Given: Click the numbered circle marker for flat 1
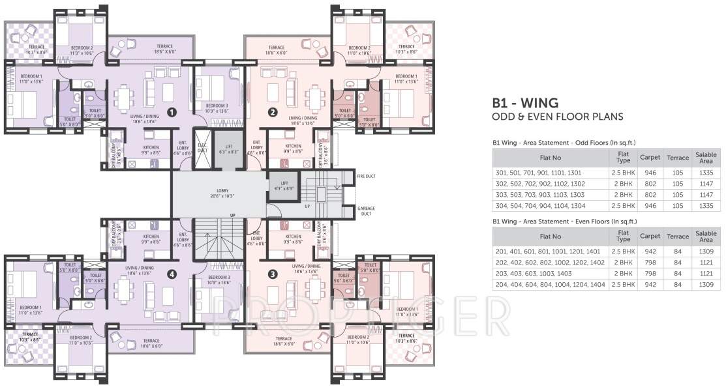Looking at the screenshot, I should pos(172,112).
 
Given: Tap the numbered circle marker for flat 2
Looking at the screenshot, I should pos(273,112).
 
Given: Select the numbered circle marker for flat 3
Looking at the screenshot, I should pos(273,274).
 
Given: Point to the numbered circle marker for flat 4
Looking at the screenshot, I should pos(172,274).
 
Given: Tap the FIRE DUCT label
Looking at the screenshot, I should pos(366,176).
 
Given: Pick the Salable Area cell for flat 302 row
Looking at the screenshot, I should pos(706,183).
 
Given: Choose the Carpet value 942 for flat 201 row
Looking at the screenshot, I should pos(649,251).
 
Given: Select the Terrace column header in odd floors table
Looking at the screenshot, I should pos(678,157).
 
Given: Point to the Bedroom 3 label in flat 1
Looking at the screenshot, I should pos(217,108).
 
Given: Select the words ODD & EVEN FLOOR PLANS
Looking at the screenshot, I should pos(557,117).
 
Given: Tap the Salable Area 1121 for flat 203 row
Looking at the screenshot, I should pos(706,274).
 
